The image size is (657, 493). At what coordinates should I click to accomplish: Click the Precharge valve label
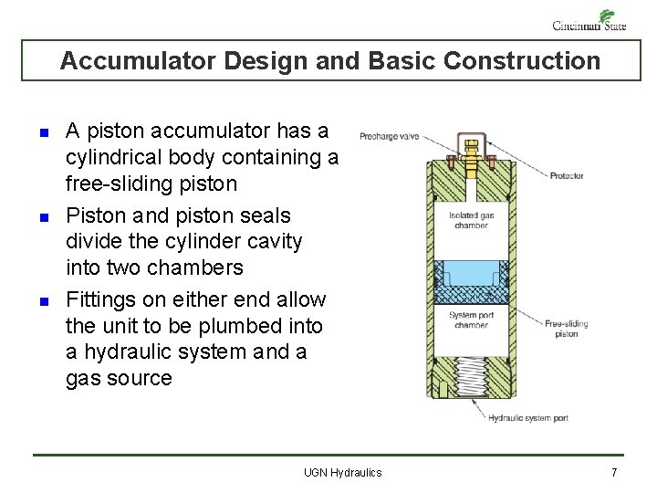pyautogui.click(x=389, y=136)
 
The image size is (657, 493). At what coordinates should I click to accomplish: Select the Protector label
pyautogui.click(x=567, y=175)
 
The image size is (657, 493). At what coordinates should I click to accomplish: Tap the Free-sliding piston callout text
pyautogui.click(x=567, y=329)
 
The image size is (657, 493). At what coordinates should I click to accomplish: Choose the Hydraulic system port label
pyautogui.click(x=528, y=418)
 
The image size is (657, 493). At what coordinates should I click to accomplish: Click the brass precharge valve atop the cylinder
pyautogui.click(x=472, y=159)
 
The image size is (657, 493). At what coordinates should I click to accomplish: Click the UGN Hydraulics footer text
pyautogui.click(x=343, y=472)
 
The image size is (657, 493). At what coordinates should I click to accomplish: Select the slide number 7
pyautogui.click(x=614, y=472)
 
